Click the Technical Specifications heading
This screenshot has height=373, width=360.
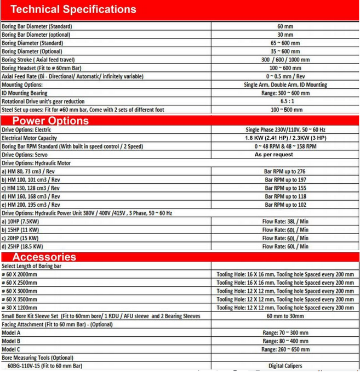[73, 9]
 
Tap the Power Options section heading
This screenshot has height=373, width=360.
[50, 121]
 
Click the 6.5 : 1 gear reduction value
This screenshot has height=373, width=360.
[285, 101]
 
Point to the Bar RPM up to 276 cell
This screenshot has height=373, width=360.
[285, 172]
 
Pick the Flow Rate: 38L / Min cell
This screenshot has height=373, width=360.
[285, 222]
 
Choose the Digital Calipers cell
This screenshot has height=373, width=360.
[285, 366]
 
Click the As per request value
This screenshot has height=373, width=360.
[273, 155]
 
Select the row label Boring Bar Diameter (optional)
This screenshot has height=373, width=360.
[37, 35]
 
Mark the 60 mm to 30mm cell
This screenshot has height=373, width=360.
[285, 316]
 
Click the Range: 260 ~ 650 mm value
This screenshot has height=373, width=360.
[285, 349]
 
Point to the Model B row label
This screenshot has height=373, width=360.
[12, 341]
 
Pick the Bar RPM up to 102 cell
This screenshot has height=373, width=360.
[285, 205]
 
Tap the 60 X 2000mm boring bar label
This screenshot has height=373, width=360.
[20, 274]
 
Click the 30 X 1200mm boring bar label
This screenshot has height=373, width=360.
[20, 308]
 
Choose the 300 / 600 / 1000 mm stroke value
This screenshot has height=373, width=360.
[285, 60]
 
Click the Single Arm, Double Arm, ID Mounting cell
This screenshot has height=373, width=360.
[285, 85]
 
